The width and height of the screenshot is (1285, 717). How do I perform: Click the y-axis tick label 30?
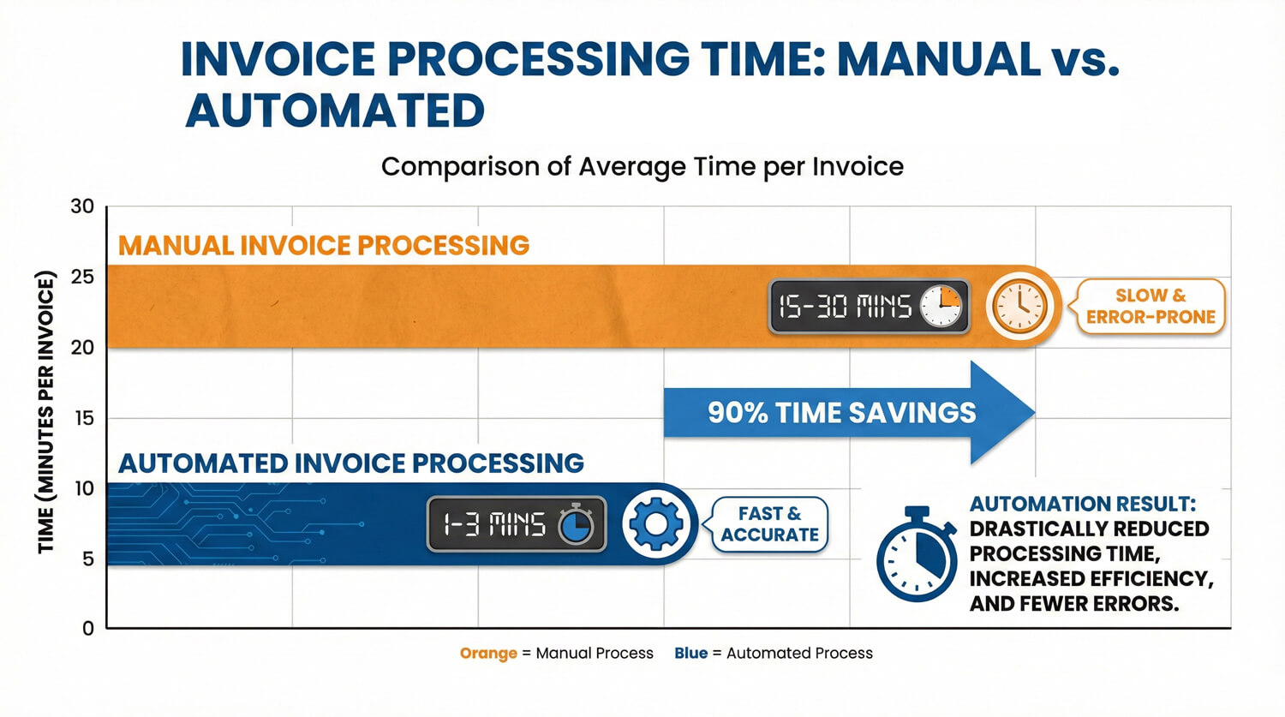tap(82, 206)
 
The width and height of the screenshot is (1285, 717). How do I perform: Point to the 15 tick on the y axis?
tap(84, 418)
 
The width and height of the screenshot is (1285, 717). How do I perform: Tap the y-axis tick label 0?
tap(88, 628)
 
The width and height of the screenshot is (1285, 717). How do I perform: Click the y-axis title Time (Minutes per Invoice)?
tap(46, 412)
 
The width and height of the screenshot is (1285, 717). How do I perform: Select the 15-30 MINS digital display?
tap(869, 307)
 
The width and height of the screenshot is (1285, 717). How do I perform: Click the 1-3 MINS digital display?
tap(517, 524)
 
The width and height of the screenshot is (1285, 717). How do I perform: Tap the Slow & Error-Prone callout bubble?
tap(1151, 307)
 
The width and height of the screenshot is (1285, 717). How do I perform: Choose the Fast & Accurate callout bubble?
tap(769, 524)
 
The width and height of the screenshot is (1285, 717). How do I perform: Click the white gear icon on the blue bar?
tap(656, 524)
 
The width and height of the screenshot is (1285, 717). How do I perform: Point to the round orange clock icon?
tap(1019, 307)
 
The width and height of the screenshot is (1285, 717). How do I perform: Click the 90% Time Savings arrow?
tap(848, 413)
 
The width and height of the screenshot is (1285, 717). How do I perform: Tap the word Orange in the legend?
tap(488, 654)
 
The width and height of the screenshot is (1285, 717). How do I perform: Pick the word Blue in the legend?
tap(690, 654)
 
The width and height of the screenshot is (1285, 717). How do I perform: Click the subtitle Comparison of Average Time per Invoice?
tap(642, 166)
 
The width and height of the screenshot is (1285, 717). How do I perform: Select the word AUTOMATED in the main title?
tap(335, 111)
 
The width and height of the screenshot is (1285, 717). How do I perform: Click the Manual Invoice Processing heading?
tap(324, 246)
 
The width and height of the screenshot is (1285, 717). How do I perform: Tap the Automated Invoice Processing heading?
tap(351, 463)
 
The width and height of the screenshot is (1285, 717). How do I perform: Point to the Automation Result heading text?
tap(1083, 504)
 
